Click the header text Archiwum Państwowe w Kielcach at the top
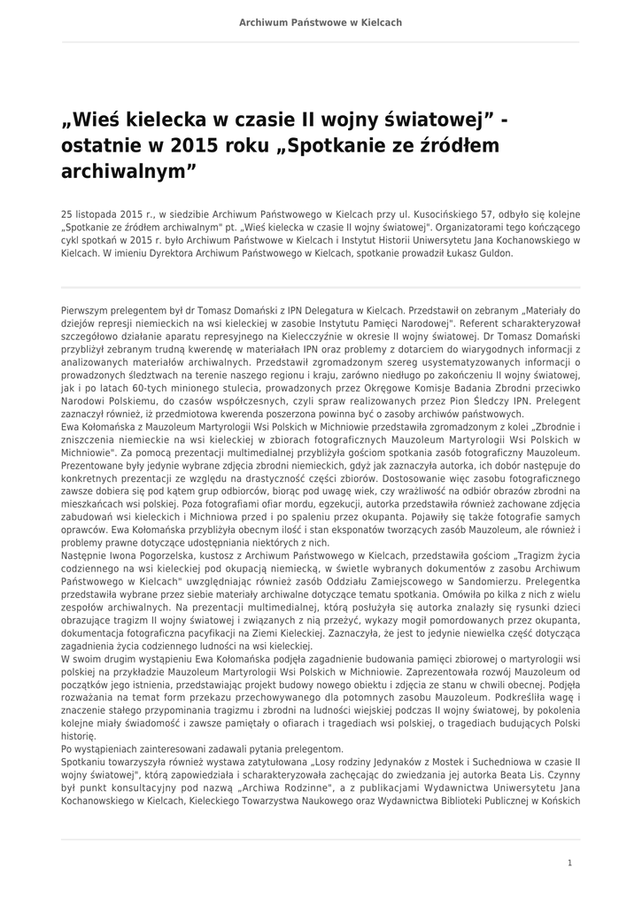tap(321, 22)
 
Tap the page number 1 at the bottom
tap(569, 863)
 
